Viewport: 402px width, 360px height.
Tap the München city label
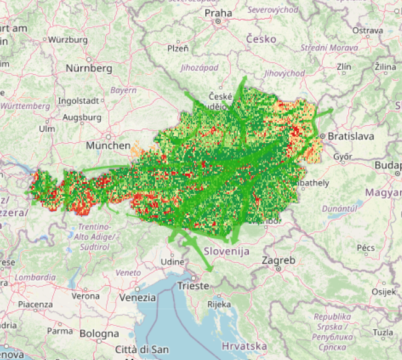coord(108,146)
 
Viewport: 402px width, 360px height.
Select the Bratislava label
coord(352,135)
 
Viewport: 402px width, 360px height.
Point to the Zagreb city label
coord(278,260)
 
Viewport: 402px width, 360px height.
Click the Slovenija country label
coord(226,251)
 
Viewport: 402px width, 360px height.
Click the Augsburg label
coord(82,117)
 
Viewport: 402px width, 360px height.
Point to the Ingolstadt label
coord(78,100)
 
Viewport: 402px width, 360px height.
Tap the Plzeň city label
coord(177,48)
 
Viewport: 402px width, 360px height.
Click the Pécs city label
coord(366,248)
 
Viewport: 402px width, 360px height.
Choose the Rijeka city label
coord(218,304)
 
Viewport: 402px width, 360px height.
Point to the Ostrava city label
coord(367,30)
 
